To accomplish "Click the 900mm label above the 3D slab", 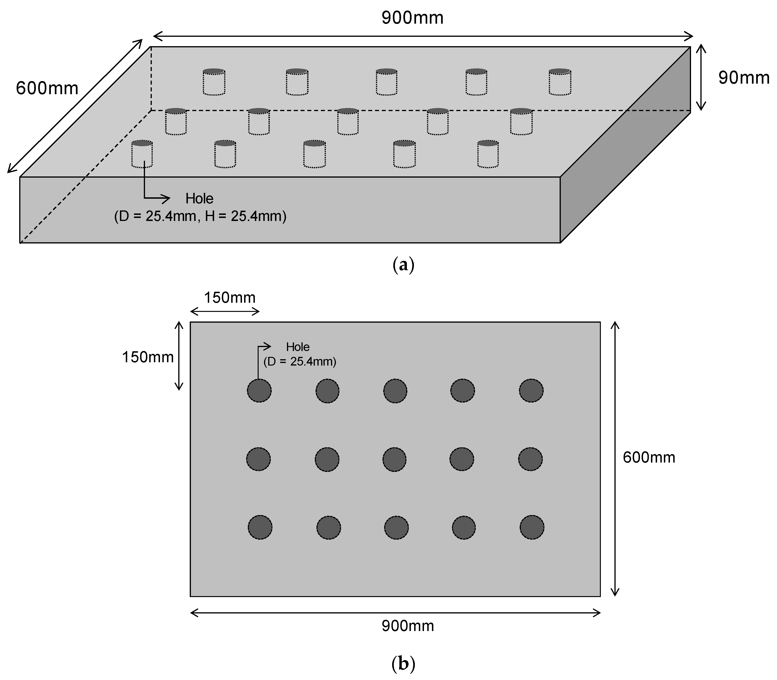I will [413, 18].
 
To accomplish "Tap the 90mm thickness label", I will [744, 78].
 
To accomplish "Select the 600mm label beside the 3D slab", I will [47, 88].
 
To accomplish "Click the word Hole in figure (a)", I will [199, 198].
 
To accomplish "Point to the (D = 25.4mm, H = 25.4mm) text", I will [200, 216].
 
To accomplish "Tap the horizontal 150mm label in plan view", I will [230, 298].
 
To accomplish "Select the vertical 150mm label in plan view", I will [148, 357].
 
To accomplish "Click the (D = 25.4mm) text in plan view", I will [300, 362].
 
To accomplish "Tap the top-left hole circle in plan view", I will [259, 390].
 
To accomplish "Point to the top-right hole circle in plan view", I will [531, 390].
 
